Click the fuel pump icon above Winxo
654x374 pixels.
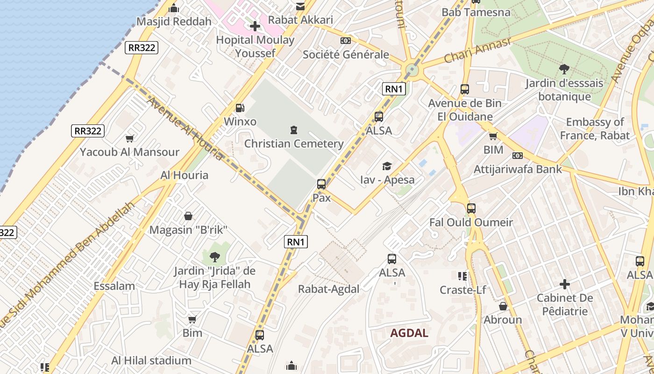click(240, 108)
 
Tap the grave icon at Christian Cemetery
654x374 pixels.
click(293, 129)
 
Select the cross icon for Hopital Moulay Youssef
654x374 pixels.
click(255, 26)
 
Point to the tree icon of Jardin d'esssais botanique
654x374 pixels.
click(564, 69)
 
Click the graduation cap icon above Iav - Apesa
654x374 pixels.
click(387, 166)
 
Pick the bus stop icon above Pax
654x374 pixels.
click(321, 184)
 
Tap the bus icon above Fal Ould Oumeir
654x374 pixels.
click(471, 209)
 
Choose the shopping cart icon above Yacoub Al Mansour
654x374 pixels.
click(130, 138)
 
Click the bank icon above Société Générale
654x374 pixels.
click(346, 41)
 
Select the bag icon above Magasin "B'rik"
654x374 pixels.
click(188, 216)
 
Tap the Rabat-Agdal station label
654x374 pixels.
click(329, 289)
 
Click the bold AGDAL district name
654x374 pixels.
click(409, 333)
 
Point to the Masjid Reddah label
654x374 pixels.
click(174, 22)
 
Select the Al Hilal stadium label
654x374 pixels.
click(151, 360)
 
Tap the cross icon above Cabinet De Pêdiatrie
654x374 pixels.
click(565, 284)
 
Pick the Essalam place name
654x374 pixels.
click(114, 286)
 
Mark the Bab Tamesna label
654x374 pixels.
click(476, 12)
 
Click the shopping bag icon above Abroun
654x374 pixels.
click(503, 306)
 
